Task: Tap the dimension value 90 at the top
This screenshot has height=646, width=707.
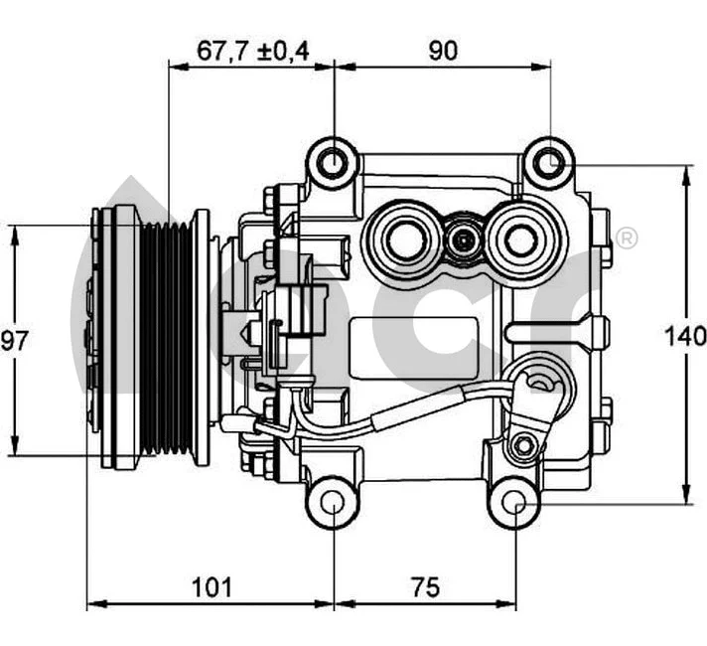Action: point(443,51)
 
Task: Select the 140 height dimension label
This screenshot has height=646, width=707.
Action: point(685,336)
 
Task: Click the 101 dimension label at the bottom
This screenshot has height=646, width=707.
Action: point(211,586)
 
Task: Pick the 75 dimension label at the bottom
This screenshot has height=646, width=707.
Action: point(424,586)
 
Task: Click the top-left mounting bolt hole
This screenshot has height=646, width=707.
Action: point(334,163)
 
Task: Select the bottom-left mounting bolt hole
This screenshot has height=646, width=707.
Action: point(334,504)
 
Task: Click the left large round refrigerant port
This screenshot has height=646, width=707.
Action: point(404,240)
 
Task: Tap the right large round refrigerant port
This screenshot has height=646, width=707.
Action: point(519,240)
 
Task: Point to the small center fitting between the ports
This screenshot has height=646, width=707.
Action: point(462,240)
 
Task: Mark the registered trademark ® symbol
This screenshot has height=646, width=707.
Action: point(627,240)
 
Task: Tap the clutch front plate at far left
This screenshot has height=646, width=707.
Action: point(99,338)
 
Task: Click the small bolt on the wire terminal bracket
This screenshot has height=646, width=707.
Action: point(521,447)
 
